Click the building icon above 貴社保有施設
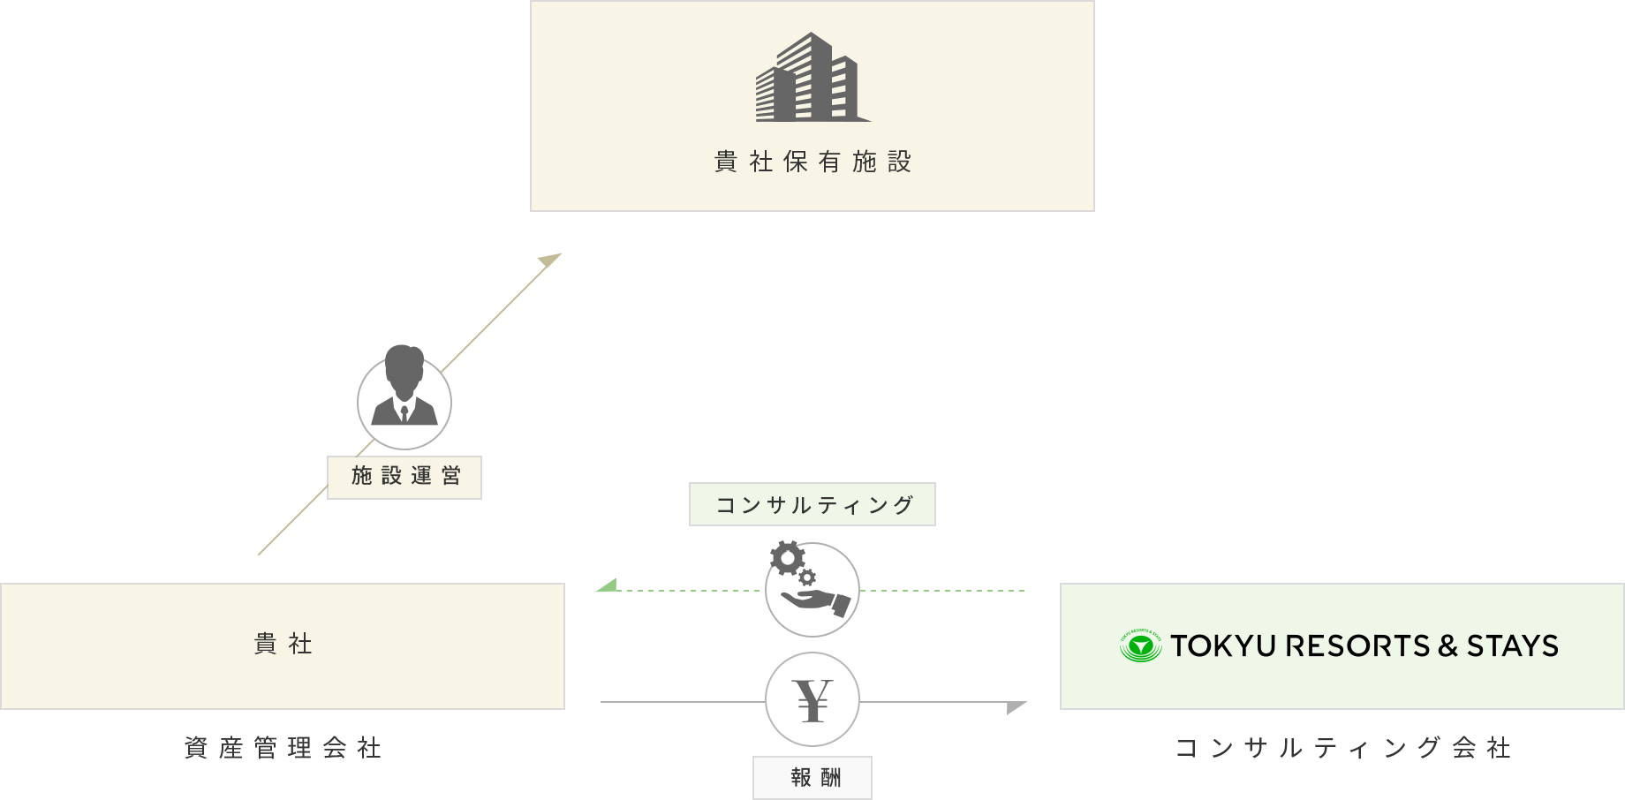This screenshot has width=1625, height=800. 812,77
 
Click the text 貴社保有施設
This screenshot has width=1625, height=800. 812,162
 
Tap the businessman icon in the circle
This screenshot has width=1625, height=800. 404,386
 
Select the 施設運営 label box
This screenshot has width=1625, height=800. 404,478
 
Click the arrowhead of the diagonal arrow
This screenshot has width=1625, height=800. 551,260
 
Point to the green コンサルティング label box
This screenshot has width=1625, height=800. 812,504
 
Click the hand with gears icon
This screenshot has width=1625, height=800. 810,580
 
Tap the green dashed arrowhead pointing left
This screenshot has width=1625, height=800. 607,585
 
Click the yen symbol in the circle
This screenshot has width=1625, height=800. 812,700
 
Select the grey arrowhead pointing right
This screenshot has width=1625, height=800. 1017,707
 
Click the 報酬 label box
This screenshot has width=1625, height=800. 812,778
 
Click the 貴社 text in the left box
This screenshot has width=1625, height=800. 283,644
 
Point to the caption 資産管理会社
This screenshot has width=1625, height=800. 283,748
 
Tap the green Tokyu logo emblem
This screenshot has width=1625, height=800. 1140,645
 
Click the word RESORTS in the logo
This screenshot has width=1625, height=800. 1357,646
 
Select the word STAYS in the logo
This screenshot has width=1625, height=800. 1513,646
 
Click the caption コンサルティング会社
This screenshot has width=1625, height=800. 1342,748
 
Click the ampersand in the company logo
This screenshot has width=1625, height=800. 1447,646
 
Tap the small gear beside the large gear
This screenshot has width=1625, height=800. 806,577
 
